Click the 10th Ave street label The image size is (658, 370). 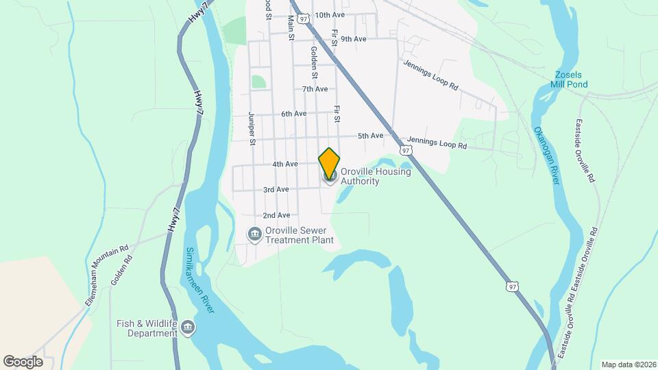click(x=330, y=14)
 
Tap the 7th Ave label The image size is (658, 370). click(x=315, y=89)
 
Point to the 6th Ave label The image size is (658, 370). click(x=293, y=114)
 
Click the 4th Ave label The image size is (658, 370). click(x=284, y=164)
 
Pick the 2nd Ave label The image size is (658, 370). click(x=276, y=215)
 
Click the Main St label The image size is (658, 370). click(x=291, y=27)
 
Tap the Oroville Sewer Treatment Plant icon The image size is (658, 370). click(x=254, y=235)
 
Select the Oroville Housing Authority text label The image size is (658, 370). click(x=376, y=177)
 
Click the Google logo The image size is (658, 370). click(x=23, y=361)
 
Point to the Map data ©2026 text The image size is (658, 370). click(x=628, y=365)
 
